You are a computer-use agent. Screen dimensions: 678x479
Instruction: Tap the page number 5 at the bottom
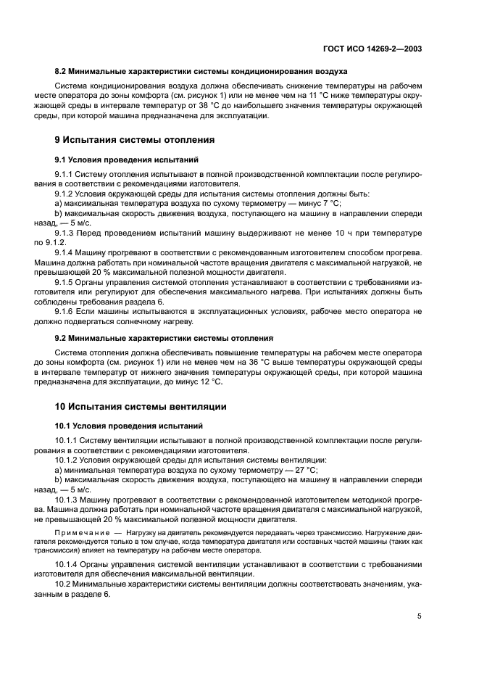click(419, 616)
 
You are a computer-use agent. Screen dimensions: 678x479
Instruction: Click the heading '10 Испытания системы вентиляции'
click(141, 407)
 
